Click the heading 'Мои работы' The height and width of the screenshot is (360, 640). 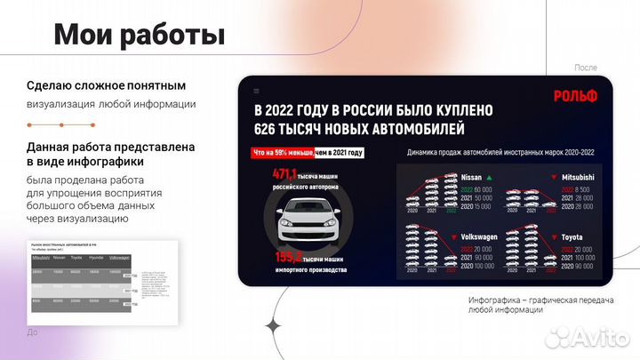pos(139,35)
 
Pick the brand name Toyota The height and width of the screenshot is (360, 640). pos(572,237)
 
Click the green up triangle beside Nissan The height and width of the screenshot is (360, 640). pos(489,177)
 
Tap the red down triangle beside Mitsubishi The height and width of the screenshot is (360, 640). pos(555,177)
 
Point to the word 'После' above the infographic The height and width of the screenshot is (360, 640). pos(586,68)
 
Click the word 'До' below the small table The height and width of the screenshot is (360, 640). pos(34,332)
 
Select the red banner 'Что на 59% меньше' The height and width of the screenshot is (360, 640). pos(279,153)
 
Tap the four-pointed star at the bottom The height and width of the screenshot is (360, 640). pos(274,326)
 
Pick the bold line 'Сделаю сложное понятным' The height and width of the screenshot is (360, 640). pos(106,86)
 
